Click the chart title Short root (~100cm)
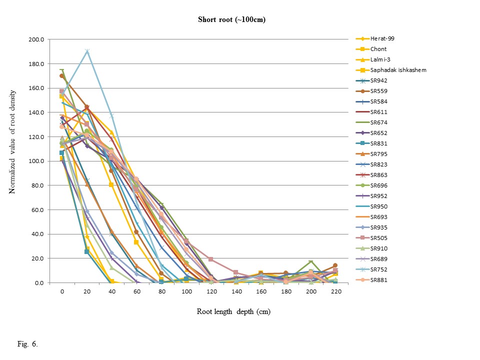[230, 20]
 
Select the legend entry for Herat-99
[382, 38]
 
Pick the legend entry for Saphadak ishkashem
[398, 70]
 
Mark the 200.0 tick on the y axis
[38, 39]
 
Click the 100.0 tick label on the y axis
[38, 161]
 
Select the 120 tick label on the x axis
[211, 290]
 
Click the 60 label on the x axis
[136, 290]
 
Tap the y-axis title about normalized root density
[13, 161]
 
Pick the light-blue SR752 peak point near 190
[87, 51]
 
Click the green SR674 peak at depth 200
[310, 262]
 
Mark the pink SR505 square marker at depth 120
[211, 259]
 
